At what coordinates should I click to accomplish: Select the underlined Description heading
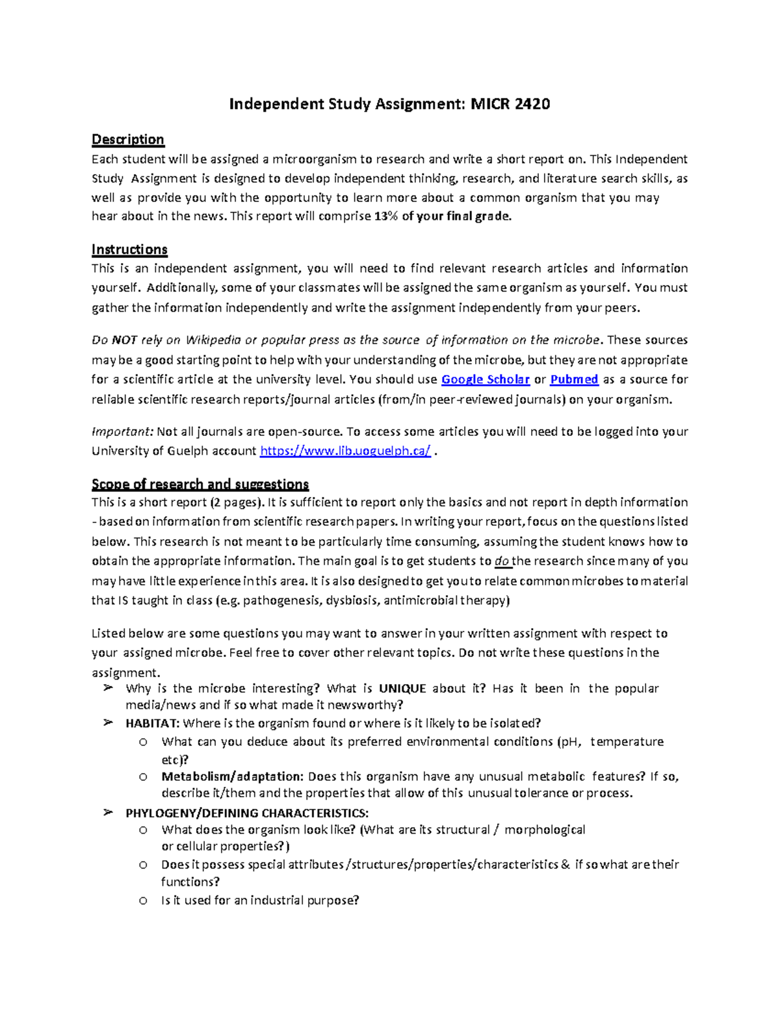pos(127,140)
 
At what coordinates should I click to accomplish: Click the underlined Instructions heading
pos(129,249)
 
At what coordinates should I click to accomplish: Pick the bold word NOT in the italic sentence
pos(124,340)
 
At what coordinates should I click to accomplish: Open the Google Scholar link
pos(485,379)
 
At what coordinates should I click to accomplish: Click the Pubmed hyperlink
pos(574,379)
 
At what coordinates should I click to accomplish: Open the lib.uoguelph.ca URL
pos(344,452)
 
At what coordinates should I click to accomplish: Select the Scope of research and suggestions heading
pos(200,484)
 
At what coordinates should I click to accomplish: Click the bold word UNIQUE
pos(402,689)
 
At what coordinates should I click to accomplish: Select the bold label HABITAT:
pos(153,724)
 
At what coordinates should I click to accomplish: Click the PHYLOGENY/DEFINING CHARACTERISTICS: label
pos(247,813)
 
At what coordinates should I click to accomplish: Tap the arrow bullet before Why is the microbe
pos(108,688)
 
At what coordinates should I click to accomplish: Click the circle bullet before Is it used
pos(143,900)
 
